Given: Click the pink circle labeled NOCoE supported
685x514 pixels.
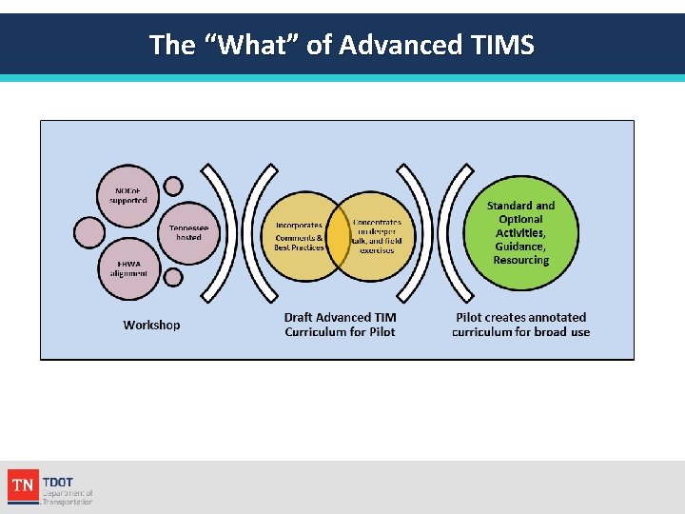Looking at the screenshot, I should tap(127, 195).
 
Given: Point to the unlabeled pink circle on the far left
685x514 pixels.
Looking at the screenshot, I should tap(89, 231).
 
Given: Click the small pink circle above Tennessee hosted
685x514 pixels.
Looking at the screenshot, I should tap(173, 186).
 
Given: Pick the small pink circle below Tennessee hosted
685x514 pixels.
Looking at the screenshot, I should tap(172, 277).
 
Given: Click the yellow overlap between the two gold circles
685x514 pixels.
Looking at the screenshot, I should tap(339, 238).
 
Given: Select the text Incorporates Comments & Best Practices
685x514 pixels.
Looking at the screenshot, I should tap(298, 237).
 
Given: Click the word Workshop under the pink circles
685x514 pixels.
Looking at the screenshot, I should tap(151, 325).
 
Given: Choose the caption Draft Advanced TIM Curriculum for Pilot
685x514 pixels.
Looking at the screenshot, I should tap(340, 325).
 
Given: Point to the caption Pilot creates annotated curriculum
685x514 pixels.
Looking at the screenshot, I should tap(520, 325).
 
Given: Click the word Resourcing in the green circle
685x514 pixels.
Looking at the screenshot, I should tap(520, 260).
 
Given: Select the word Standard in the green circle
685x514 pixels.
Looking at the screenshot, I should tap(509, 206).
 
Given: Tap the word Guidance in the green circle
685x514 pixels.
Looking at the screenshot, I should tap(519, 247).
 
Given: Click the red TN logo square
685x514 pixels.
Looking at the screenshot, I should tap(23, 485).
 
